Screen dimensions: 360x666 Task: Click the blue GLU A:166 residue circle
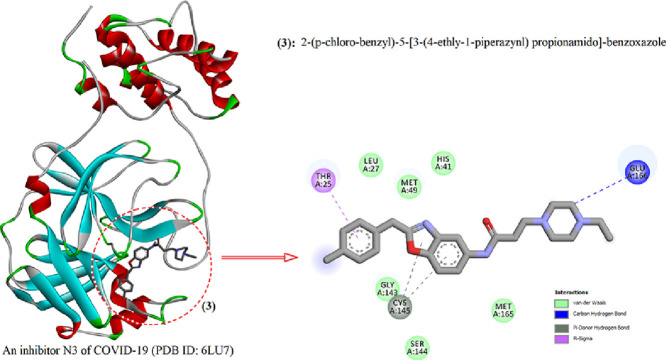click(636, 171)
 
